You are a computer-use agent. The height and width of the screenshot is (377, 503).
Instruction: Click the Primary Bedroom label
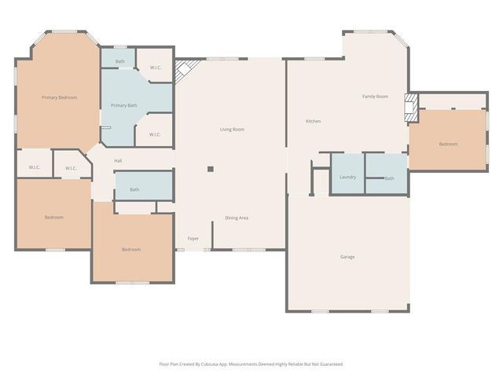[60, 97]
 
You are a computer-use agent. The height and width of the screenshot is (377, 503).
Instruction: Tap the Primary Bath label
[124, 105]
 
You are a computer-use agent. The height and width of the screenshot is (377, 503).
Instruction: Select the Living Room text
[232, 129]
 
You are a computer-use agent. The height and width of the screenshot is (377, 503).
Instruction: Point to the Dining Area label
[237, 218]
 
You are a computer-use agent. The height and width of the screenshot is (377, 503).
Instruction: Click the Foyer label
[193, 238]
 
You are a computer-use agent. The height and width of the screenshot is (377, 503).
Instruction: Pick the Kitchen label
[313, 121]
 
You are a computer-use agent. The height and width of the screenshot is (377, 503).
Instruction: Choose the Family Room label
[375, 96]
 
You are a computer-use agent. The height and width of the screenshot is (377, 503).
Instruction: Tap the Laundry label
[347, 178]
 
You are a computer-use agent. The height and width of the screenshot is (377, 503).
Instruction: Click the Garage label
[347, 257]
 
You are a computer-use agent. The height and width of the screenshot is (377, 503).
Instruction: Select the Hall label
[118, 161]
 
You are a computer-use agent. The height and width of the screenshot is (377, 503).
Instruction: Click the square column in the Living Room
[211, 169]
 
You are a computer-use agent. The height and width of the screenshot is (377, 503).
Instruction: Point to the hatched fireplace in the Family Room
[409, 108]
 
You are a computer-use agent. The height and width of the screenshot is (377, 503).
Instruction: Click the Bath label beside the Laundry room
[390, 178]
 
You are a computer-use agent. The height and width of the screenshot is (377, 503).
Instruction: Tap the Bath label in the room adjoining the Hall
[134, 189]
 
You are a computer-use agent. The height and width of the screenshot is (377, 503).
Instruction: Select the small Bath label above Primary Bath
[120, 61]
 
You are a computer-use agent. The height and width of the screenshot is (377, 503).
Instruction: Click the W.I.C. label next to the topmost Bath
[156, 68]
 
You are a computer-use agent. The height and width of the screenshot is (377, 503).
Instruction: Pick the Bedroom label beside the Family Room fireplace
[448, 144]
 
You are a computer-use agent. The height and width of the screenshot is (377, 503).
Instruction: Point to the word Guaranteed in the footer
[328, 364]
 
